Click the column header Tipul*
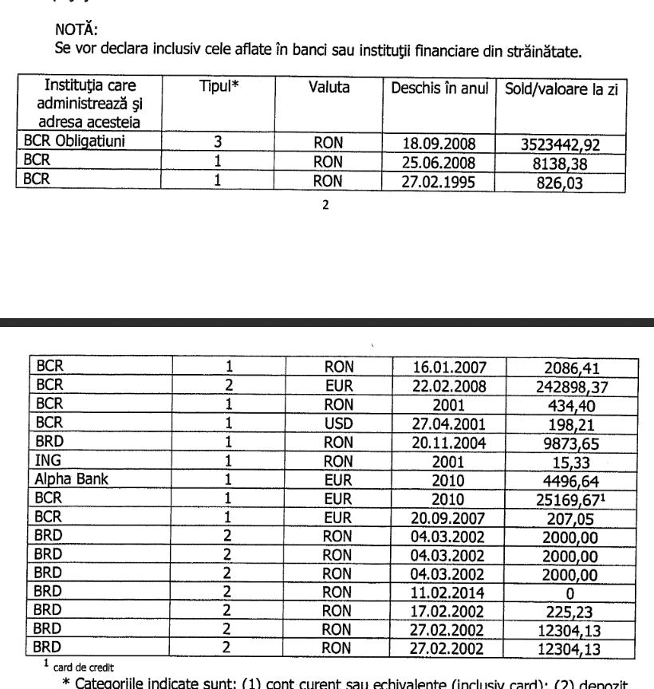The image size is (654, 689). tap(219, 86)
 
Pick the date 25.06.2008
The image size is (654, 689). tap(439, 163)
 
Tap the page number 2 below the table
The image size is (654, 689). tap(325, 205)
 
